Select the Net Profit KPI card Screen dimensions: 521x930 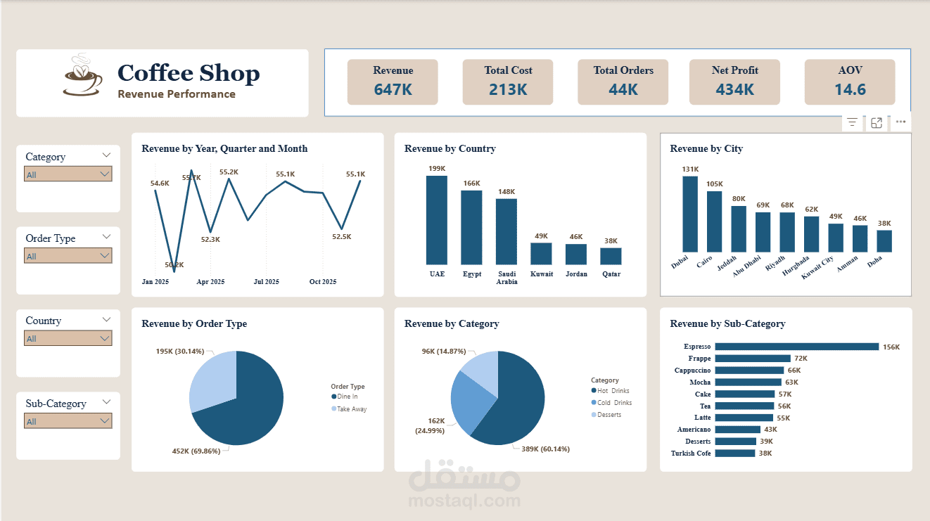click(x=734, y=82)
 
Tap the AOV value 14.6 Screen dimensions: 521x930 click(x=850, y=89)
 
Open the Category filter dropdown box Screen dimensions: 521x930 click(x=68, y=174)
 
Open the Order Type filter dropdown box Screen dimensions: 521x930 click(x=68, y=256)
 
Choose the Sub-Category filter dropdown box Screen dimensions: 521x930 click(x=68, y=421)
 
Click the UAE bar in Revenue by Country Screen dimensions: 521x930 click(x=436, y=219)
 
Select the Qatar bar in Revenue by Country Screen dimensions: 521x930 click(x=611, y=256)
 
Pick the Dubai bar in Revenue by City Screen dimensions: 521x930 click(x=690, y=214)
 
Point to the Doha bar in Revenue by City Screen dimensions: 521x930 click(x=884, y=241)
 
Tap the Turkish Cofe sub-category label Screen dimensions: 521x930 click(x=691, y=454)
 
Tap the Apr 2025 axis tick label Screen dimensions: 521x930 click(x=210, y=282)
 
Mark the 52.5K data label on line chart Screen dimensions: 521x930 click(x=341, y=237)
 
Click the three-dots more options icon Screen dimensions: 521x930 click(x=900, y=122)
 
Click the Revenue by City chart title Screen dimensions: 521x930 click(x=706, y=149)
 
